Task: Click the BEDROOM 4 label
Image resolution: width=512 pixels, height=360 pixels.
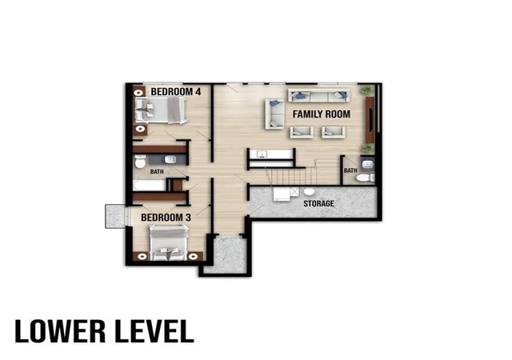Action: pos(176,92)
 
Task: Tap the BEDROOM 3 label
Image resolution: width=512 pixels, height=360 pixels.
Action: pos(166,218)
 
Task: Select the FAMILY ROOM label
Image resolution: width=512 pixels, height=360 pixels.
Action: pos(322,114)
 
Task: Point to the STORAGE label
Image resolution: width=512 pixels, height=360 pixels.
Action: pos(318,203)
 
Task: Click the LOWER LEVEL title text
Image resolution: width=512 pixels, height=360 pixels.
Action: pos(104,331)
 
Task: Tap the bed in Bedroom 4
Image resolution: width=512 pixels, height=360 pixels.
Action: pos(161,110)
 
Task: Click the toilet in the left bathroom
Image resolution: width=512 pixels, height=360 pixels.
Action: pos(140,162)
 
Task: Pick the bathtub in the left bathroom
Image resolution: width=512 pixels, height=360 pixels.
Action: pos(150,185)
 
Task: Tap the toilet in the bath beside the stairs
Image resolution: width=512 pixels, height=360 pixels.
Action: pos(365,178)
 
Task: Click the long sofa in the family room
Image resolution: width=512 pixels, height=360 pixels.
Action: pos(318,95)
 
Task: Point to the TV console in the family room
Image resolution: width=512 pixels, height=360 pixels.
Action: pos(370,119)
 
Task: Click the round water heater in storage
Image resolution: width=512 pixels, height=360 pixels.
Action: pos(309,191)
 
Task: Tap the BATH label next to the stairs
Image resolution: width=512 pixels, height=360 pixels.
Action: pos(350,170)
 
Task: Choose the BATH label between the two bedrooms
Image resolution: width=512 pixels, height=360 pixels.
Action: pos(157,171)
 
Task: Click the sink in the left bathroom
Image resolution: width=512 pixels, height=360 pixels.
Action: pos(170,159)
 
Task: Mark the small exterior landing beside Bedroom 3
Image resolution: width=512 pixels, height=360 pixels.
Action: pos(115,216)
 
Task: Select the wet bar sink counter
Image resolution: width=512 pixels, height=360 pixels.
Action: pos(270,154)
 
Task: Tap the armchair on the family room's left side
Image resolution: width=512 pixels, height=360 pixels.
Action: pos(274,114)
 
